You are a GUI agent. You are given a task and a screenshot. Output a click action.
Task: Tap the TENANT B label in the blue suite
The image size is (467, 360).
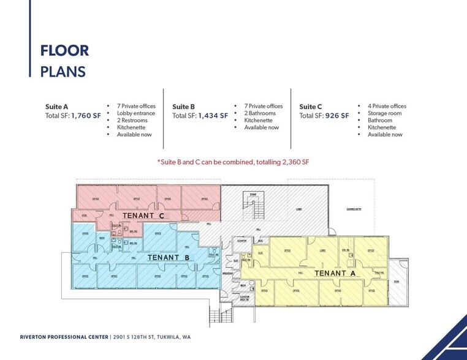[x=167, y=258]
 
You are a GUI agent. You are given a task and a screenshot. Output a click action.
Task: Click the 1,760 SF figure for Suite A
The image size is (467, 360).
[x=87, y=114]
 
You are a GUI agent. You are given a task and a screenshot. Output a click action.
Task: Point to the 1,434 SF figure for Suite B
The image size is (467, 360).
[x=213, y=115]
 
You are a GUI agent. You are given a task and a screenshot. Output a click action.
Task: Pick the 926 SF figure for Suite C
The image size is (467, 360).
[x=337, y=115]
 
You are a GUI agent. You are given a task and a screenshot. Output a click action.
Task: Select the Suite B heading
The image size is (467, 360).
[x=184, y=106]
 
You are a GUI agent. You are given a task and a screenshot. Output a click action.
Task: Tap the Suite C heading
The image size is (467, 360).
[x=311, y=106]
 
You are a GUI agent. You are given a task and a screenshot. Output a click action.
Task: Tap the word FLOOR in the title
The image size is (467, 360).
[x=64, y=50]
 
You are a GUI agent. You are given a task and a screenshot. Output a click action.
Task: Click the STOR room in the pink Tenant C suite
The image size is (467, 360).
[x=84, y=216]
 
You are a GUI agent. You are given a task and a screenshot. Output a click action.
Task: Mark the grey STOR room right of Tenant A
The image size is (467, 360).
[x=397, y=282]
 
